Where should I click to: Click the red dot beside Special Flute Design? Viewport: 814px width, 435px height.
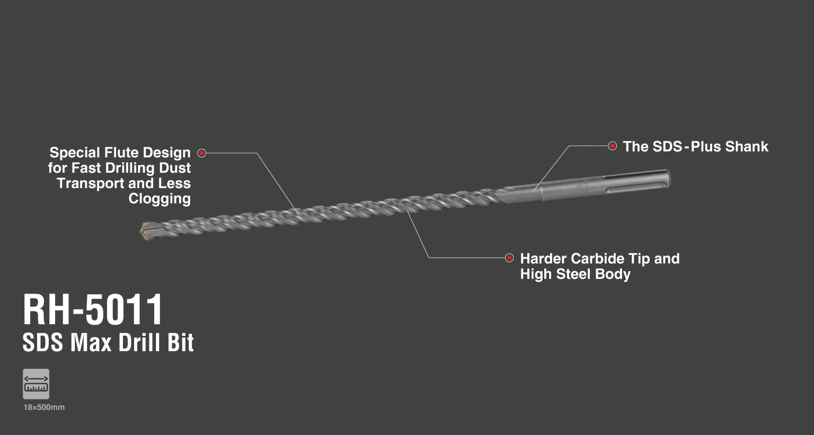point(201,153)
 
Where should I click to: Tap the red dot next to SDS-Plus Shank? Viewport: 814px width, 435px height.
point(612,146)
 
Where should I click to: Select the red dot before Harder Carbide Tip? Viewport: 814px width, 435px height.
point(509,258)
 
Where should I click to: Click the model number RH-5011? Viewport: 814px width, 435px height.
point(93,310)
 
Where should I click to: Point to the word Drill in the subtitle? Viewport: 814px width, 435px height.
point(139,343)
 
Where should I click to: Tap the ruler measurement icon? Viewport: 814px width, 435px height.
point(36,384)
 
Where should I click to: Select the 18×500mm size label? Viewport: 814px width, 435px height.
point(44,407)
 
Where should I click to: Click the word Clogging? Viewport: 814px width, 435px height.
point(160,199)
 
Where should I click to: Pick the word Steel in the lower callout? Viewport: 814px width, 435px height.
point(578,274)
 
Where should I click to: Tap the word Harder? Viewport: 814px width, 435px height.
point(543,259)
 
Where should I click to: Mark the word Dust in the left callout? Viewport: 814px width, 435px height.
point(176,168)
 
